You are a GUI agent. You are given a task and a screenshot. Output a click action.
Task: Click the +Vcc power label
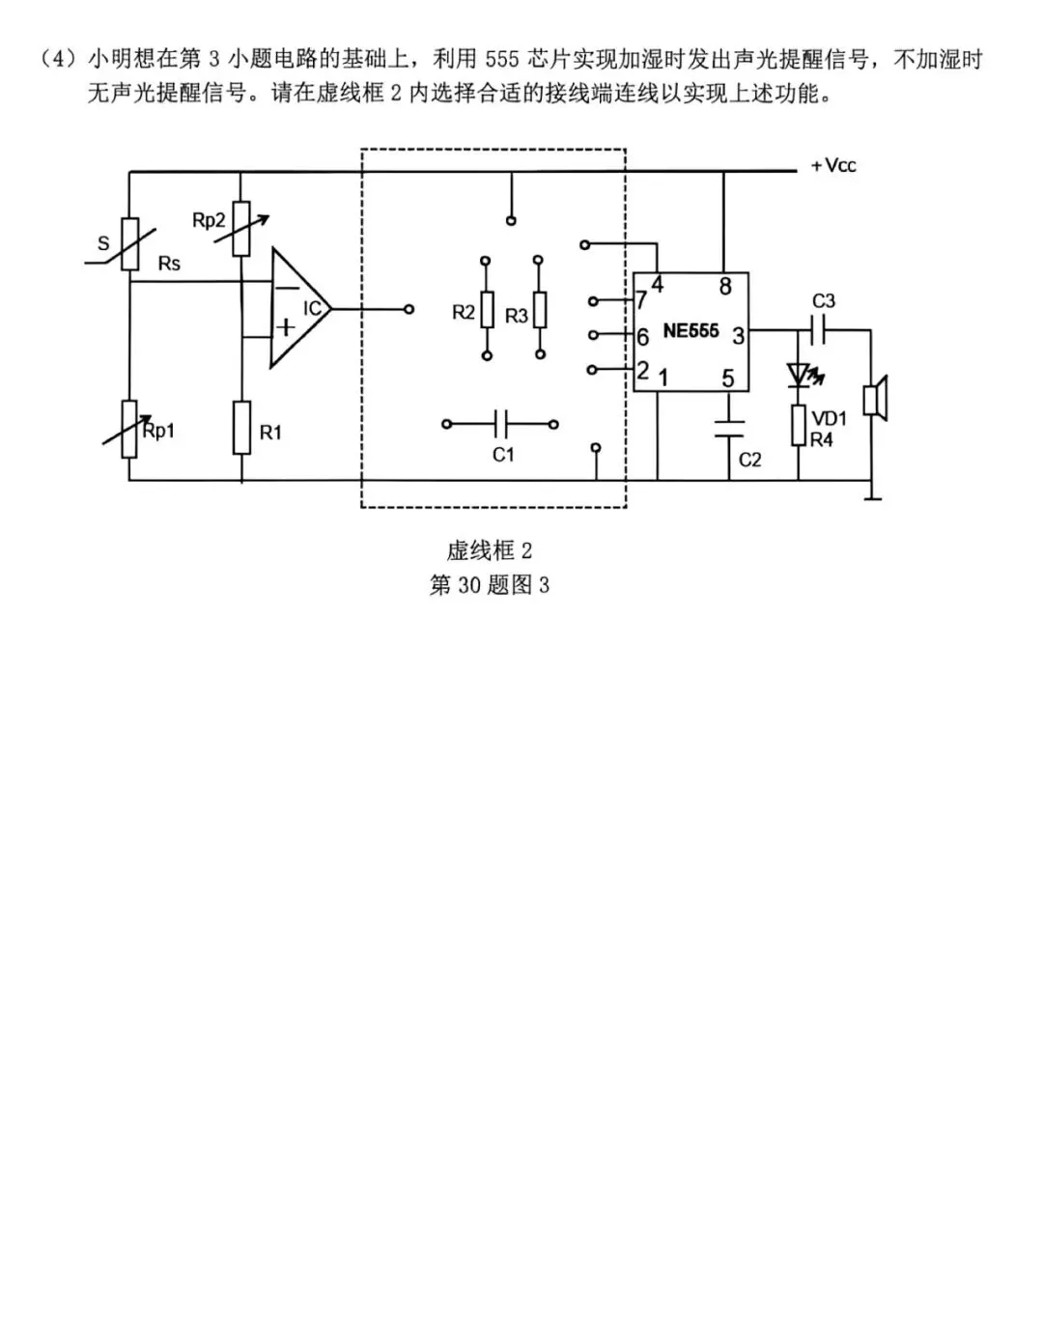click(x=833, y=166)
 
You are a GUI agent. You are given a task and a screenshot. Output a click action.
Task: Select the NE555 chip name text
click(x=691, y=331)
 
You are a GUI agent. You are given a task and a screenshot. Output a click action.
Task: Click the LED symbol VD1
click(x=799, y=375)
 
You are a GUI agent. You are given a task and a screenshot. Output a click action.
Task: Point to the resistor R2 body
click(x=487, y=310)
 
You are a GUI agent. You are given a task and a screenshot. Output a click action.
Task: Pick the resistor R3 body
click(x=540, y=310)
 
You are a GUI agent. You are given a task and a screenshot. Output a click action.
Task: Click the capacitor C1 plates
click(x=500, y=424)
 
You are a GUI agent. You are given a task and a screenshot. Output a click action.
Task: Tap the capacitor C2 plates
click(x=729, y=428)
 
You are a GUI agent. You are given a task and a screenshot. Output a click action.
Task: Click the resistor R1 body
click(x=241, y=428)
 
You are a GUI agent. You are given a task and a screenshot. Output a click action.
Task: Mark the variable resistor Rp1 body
click(x=128, y=430)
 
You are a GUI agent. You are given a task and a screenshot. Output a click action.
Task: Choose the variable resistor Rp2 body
click(x=241, y=228)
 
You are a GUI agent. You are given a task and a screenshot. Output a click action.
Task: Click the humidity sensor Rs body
click(x=130, y=243)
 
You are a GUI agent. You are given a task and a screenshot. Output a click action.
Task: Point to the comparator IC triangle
click(x=300, y=309)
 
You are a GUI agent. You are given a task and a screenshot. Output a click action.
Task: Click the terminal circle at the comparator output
click(x=409, y=309)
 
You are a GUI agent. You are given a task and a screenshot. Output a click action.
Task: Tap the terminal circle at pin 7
click(x=593, y=301)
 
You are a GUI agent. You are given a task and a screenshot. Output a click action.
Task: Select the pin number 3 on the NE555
click(x=739, y=335)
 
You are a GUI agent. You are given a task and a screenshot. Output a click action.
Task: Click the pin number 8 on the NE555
click(x=725, y=287)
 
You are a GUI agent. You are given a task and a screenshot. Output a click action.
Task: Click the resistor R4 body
click(x=799, y=425)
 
